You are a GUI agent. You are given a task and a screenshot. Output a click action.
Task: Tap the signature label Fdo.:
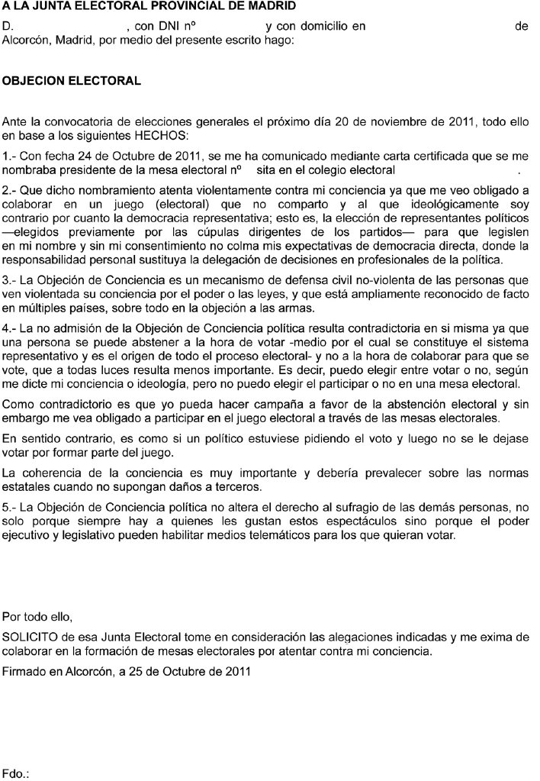pyautogui.click(x=16, y=773)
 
